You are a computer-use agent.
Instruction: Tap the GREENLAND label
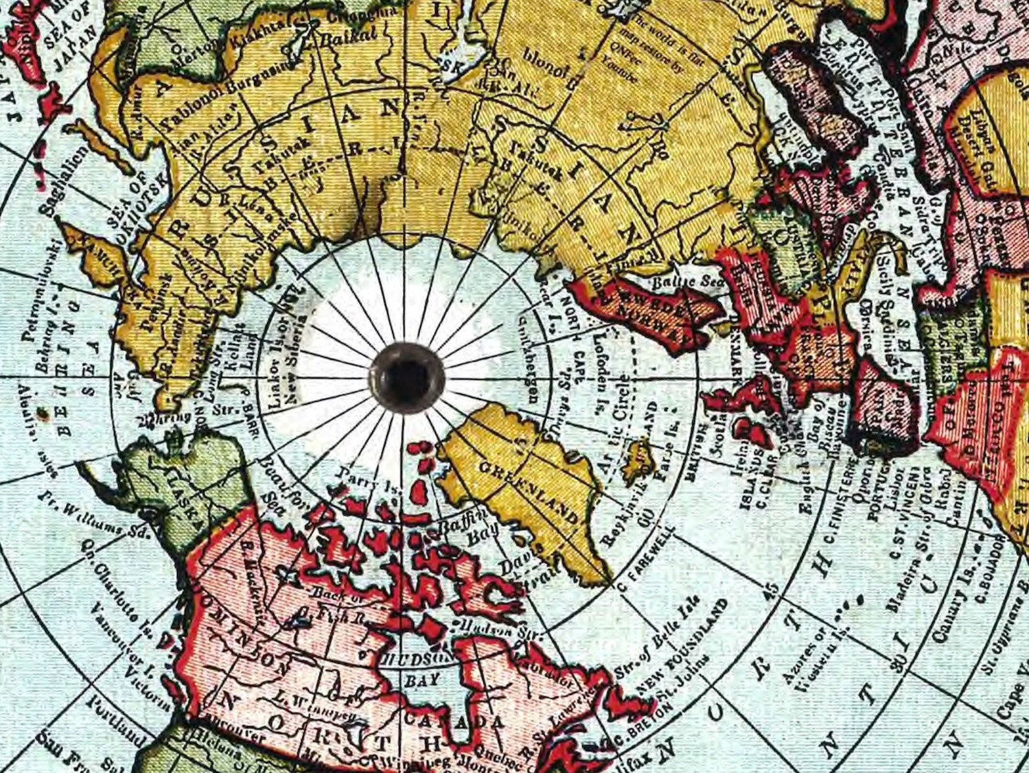(x=528, y=492)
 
